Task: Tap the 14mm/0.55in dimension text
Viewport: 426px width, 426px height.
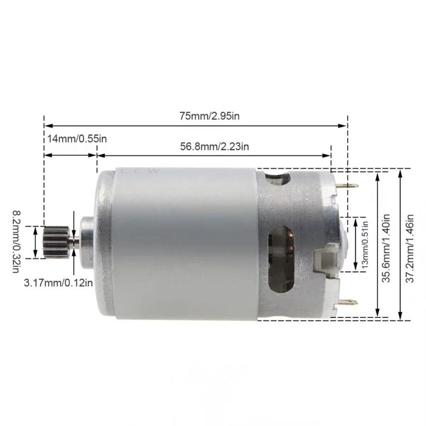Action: (77, 139)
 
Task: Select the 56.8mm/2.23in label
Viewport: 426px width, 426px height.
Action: (214, 147)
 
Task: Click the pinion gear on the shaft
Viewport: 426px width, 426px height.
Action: (56, 242)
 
